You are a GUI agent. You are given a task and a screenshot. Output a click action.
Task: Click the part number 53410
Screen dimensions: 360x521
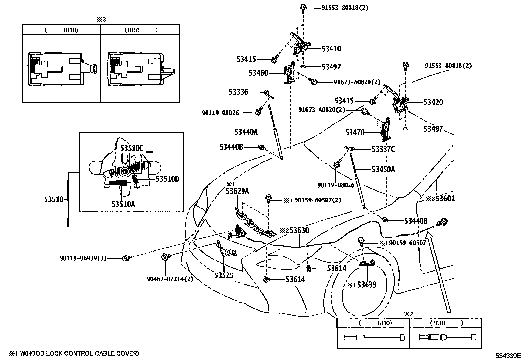(x=331, y=49)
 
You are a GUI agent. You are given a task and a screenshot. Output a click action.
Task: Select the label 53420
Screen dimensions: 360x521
(x=433, y=102)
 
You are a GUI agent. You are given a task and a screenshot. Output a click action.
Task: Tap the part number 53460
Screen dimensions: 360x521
(x=258, y=73)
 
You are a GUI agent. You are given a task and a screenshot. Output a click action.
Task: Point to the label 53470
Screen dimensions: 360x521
(x=355, y=133)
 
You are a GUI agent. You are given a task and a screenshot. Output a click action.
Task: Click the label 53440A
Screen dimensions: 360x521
(x=246, y=132)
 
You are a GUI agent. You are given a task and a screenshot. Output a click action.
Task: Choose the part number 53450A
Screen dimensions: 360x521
(x=383, y=169)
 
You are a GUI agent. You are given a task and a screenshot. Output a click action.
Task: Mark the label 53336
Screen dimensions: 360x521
(x=239, y=92)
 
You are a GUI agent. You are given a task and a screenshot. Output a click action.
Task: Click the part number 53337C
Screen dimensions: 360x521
(x=383, y=149)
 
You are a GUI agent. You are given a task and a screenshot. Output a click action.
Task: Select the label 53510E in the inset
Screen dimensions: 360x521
(x=132, y=148)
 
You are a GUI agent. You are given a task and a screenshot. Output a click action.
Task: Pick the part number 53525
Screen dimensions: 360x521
(x=224, y=275)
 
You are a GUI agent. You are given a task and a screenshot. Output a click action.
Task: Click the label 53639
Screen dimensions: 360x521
(x=367, y=285)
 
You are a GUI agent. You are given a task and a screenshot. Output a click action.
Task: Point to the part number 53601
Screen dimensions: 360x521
(x=445, y=199)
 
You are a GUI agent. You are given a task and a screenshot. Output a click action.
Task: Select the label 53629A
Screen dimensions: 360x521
(x=237, y=191)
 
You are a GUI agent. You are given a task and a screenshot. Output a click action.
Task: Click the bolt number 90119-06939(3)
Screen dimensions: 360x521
(x=83, y=258)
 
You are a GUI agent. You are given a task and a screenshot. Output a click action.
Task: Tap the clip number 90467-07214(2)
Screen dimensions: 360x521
(x=170, y=279)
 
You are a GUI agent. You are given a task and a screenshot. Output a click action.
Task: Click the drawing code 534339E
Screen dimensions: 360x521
(x=508, y=356)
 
